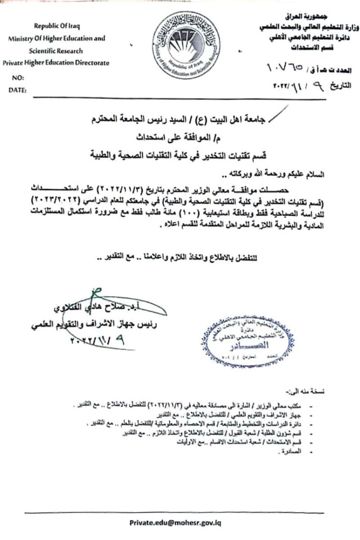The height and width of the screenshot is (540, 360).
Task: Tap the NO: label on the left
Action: coord(16,78)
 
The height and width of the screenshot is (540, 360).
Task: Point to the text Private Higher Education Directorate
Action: coord(56,63)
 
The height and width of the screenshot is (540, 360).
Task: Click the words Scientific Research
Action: coord(57,51)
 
